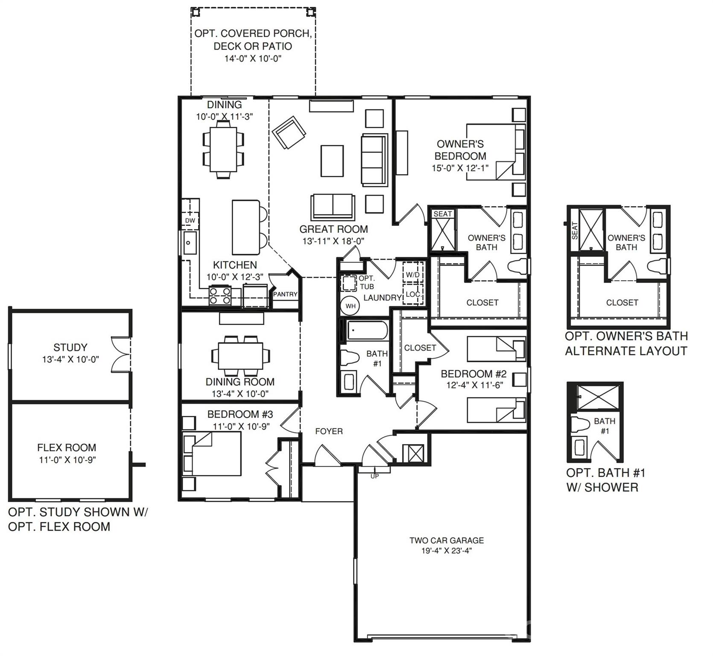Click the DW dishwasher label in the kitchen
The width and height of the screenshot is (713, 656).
190,221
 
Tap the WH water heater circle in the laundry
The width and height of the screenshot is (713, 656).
350,306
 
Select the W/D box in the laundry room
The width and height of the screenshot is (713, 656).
412,275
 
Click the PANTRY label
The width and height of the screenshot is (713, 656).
285,294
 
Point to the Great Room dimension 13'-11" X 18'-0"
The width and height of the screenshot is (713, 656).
333,241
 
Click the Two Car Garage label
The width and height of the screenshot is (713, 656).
447,540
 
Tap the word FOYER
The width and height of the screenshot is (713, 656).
329,431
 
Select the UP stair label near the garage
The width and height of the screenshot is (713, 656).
374,476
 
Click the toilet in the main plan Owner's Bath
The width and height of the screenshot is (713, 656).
517,266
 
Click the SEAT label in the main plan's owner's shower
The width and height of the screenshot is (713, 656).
442,214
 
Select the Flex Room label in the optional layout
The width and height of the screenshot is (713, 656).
67,448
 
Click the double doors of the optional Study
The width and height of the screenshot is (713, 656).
120,354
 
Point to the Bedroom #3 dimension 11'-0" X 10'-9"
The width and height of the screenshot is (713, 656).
241,426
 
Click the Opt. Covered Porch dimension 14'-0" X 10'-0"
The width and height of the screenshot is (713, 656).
253,59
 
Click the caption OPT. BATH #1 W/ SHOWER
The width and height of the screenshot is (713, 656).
605,480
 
